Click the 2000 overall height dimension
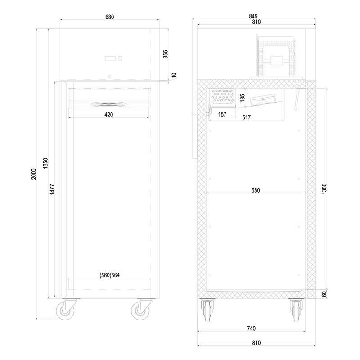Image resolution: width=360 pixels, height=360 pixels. point(34,174)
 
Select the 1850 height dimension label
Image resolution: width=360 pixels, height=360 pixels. point(45,163)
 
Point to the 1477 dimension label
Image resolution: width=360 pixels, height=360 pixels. point(52,189)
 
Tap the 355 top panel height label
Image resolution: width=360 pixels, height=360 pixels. point(165,54)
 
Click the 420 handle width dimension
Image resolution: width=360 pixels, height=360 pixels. point(108,115)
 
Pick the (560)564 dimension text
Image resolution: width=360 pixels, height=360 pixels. point(109,275)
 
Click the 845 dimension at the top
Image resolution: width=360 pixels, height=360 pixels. point(253,16)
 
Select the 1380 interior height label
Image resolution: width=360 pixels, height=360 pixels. point(324,189)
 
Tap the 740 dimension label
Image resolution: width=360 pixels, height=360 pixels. point(251,328)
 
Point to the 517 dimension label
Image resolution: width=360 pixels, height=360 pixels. point(246,117)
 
